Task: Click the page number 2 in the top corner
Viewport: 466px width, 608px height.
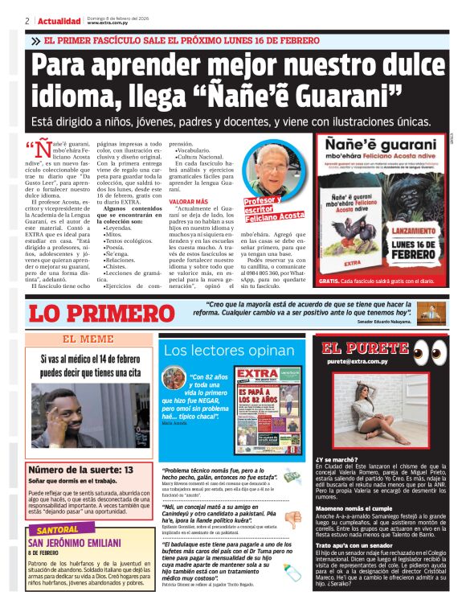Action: tap(27, 21)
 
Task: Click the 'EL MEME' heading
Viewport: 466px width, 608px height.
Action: tap(88, 339)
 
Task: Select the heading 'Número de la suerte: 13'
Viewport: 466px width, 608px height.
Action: tap(80, 469)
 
